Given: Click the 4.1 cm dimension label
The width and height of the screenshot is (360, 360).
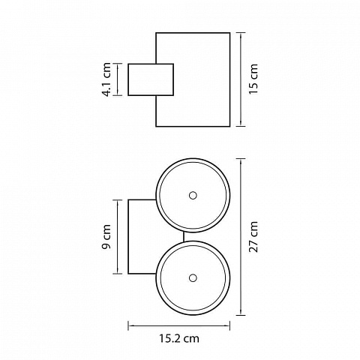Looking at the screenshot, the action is click(106, 79).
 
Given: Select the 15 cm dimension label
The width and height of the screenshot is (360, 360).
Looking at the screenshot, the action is click(253, 79).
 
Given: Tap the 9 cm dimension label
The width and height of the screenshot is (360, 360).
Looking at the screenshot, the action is click(106, 236).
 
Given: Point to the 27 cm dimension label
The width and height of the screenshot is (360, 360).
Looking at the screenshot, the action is click(253, 236).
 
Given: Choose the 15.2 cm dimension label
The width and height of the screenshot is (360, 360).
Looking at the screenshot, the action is click(179, 338).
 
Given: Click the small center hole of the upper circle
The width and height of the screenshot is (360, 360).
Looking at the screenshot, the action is click(193, 195).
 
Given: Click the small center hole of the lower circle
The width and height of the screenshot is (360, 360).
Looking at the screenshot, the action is click(193, 277).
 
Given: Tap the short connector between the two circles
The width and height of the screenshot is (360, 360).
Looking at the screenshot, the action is click(184, 236).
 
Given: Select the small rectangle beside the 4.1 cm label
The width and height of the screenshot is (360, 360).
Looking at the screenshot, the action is click(151, 79).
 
